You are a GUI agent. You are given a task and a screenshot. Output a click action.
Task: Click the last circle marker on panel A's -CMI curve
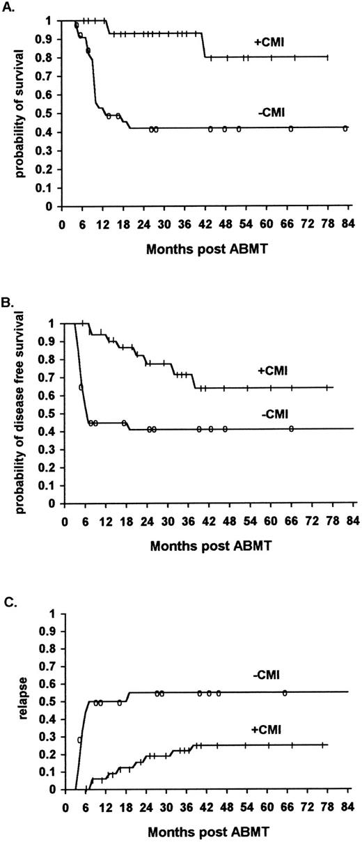pyautogui.click(x=345, y=128)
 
